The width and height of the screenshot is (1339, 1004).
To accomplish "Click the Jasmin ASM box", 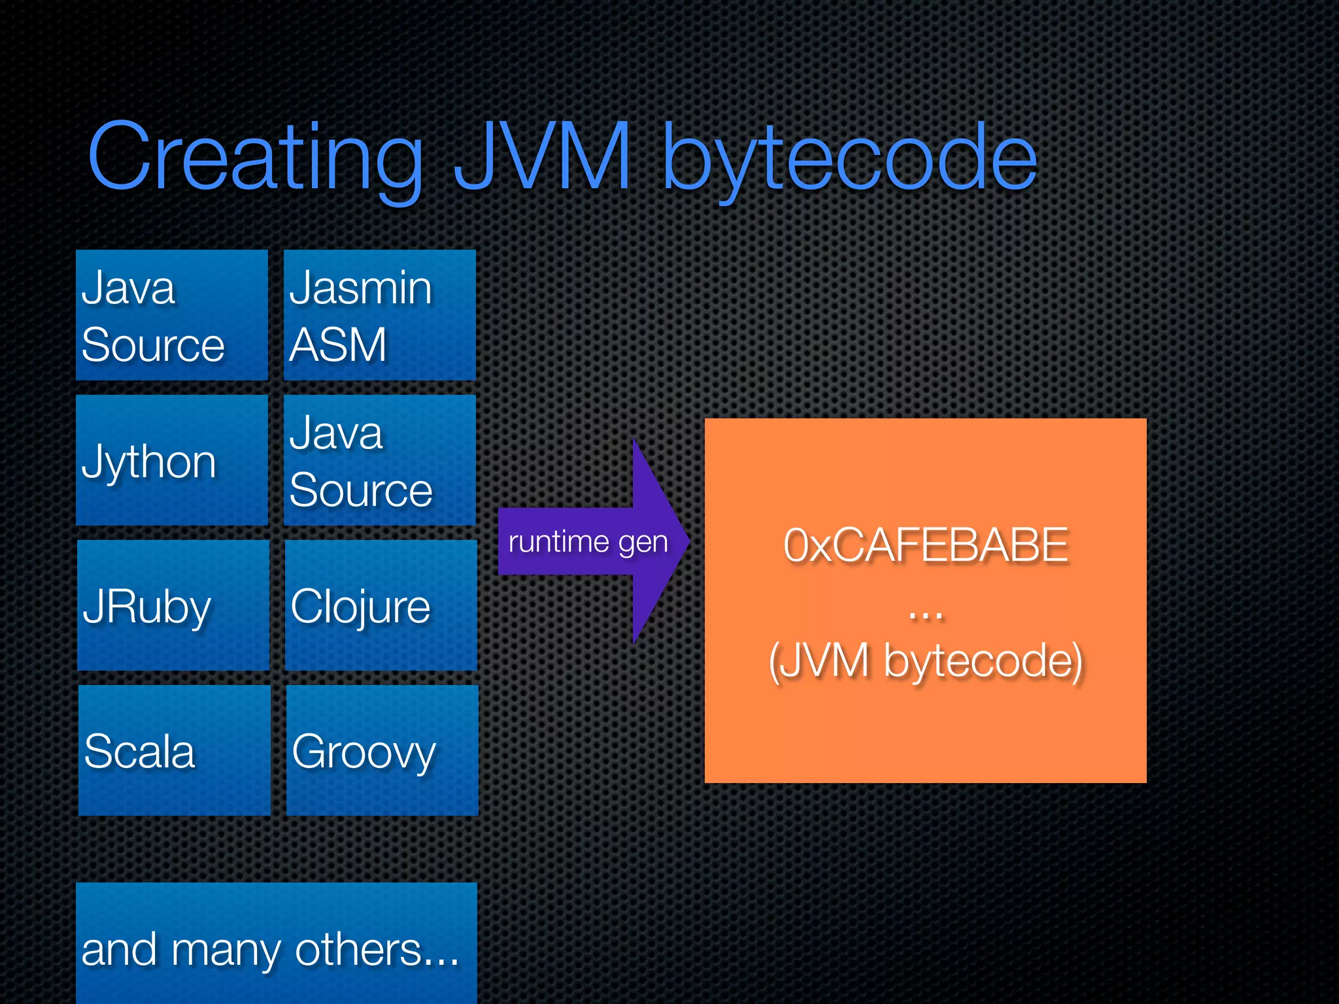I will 379,315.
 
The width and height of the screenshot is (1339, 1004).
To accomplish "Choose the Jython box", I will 172,460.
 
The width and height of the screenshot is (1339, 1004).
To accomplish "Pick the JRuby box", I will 173,605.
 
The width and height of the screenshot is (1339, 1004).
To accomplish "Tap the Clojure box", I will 381,605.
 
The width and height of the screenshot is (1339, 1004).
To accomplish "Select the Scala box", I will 175,750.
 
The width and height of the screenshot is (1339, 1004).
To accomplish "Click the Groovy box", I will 382,750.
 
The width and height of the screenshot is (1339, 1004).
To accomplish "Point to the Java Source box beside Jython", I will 379,460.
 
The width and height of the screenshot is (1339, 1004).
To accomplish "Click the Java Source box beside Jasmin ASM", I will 172,315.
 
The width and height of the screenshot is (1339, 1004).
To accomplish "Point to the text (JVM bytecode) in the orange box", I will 925,661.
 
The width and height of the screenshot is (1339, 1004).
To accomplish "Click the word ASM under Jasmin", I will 338,344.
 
